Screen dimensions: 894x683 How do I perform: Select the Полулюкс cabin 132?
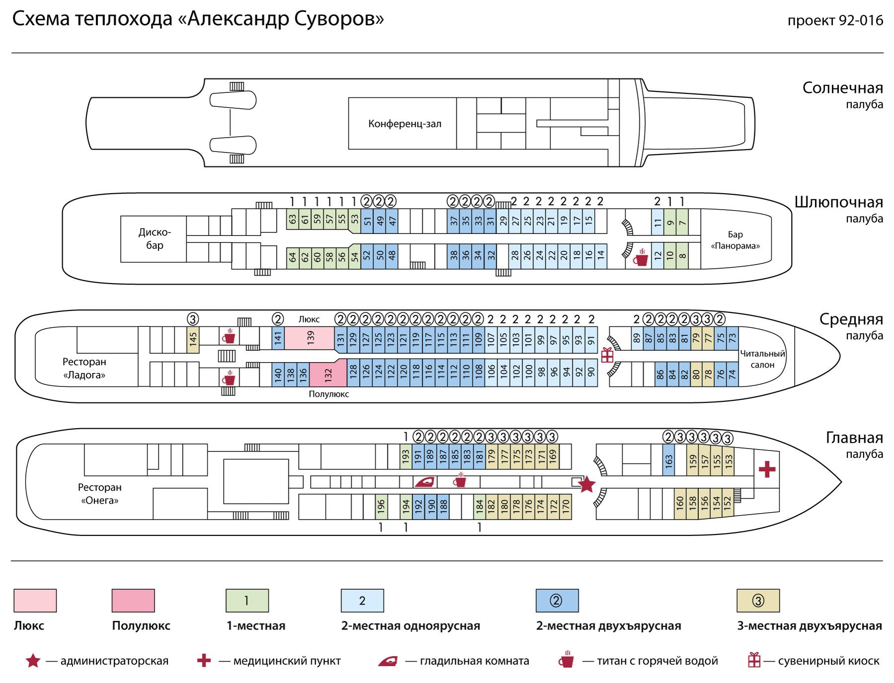coord(328,374)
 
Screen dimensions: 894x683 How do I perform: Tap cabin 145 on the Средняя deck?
coord(193,340)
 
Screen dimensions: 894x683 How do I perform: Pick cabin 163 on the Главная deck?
coord(669,461)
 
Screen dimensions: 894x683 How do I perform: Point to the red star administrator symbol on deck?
coord(587,484)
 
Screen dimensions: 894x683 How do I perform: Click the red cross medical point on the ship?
coord(767,469)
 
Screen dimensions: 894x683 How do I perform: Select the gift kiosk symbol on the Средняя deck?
coord(607,355)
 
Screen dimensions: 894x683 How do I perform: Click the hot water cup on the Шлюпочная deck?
coord(641,257)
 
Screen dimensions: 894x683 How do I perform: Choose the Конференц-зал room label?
coord(405,124)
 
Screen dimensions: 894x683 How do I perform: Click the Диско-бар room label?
coord(154,239)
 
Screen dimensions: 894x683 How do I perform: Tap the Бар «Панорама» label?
coord(736,240)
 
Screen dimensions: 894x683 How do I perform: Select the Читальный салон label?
coord(762,359)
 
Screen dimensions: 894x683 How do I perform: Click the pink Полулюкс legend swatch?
coord(133,600)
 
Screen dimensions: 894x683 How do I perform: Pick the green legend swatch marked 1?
coord(247,600)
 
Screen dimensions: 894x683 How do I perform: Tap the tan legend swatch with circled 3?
coord(758,600)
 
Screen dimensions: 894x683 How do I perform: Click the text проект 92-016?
coord(835,21)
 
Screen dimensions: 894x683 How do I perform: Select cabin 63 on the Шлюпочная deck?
coord(293,219)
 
